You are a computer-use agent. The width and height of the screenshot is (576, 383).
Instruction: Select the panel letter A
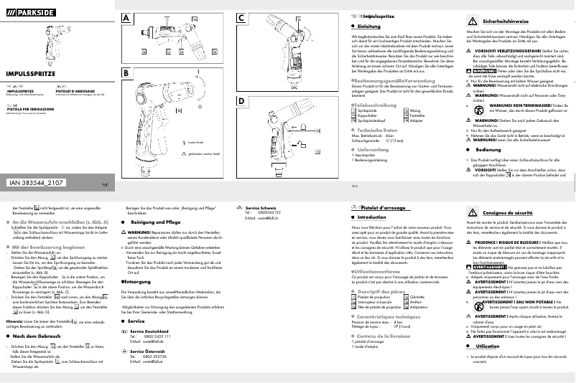(126, 17)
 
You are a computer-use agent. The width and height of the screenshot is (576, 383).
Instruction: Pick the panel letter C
(242, 17)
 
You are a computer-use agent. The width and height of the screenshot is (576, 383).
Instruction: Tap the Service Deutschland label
(150, 331)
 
